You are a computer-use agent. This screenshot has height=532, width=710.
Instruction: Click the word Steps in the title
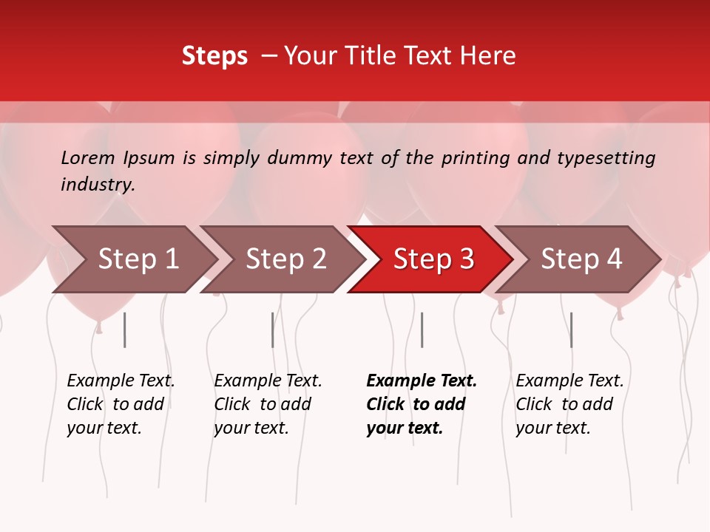[214, 55]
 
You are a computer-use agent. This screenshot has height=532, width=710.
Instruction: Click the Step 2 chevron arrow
[285, 259]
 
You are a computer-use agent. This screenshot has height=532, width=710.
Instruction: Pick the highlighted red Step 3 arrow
[433, 259]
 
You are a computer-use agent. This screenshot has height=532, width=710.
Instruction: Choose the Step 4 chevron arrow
[581, 259]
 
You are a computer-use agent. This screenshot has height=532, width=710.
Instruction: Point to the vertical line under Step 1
[124, 330]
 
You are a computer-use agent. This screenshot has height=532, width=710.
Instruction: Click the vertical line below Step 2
[272, 330]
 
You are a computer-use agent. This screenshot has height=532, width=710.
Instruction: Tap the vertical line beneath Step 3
[422, 330]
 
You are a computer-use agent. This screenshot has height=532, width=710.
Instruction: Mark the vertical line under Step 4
[571, 330]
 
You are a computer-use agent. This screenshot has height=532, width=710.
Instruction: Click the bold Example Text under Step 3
[421, 404]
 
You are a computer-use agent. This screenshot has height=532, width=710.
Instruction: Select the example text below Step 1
[121, 404]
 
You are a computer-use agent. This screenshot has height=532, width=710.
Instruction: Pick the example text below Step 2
[268, 404]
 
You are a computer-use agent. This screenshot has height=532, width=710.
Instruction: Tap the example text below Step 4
[569, 404]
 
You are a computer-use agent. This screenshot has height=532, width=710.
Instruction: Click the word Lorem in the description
[88, 157]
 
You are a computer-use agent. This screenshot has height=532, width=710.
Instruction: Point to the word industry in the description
[97, 184]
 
